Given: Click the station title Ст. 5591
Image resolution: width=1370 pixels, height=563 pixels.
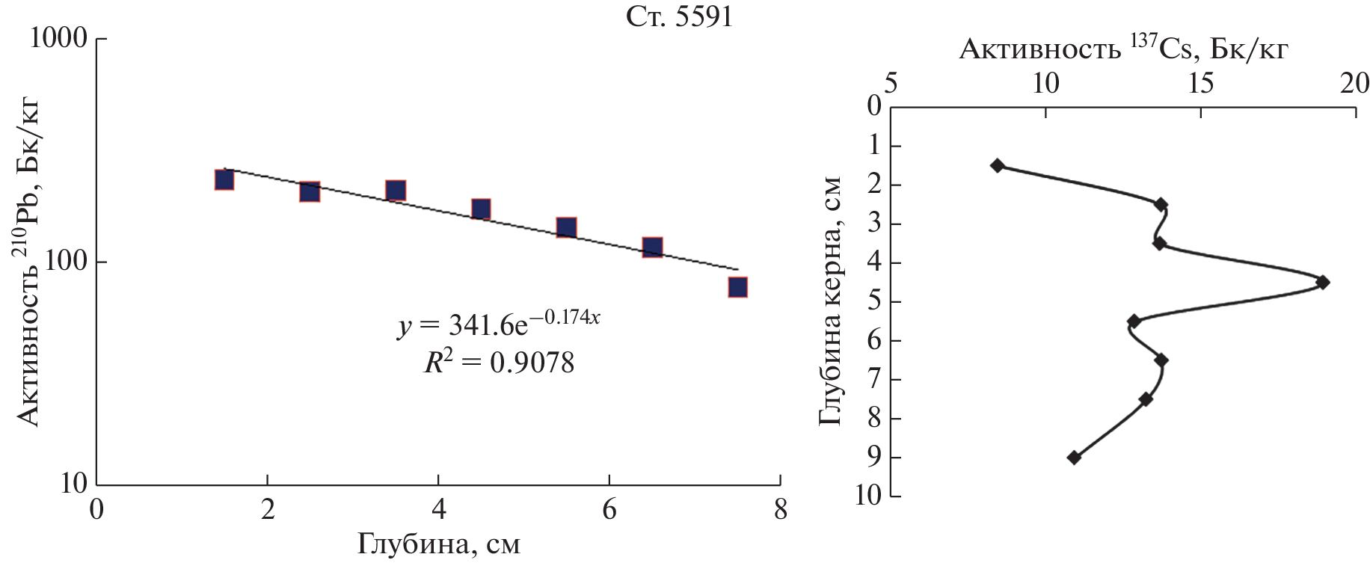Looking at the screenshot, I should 679,17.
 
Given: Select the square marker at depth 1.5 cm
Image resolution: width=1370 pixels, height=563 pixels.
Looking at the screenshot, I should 224,179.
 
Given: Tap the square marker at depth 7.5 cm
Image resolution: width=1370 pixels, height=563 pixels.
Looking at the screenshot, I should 738,287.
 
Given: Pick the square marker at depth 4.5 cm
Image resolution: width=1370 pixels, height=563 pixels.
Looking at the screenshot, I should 481,209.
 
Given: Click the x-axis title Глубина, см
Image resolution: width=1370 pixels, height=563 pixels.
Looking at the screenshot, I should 438,544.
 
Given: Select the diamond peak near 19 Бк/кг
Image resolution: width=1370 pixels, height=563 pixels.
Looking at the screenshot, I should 1323,282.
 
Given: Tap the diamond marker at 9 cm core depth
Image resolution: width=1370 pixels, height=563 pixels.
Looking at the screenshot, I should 1074,458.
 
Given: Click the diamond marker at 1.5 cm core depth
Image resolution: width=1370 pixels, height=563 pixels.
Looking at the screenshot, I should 997,165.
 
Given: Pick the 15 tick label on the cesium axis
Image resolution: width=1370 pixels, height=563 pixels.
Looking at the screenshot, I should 1200,84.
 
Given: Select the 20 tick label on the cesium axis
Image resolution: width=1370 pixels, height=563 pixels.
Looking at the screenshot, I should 1354,84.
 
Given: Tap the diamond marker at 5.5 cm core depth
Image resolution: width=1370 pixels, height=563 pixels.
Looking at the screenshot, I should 1134,322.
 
